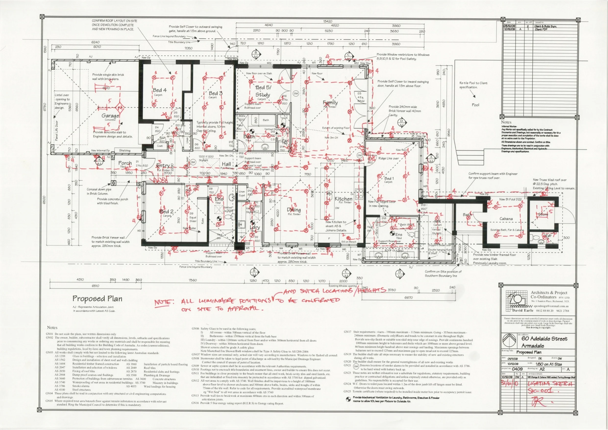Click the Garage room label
(x=111, y=116)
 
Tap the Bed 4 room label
(x=160, y=90)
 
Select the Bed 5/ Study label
(x=263, y=91)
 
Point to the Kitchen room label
(x=344, y=199)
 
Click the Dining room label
(x=294, y=210)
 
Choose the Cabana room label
(x=506, y=219)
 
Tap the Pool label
(x=475, y=105)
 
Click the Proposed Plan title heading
(x=98, y=299)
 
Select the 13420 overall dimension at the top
(x=328, y=21)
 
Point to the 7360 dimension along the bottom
(x=193, y=280)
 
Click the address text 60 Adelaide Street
(x=544, y=339)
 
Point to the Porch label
(x=125, y=163)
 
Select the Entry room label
(x=163, y=165)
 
